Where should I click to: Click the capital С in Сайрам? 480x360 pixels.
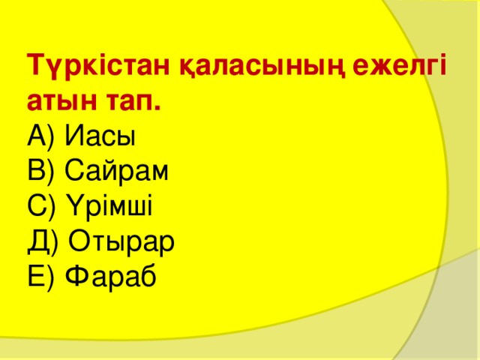[x=73, y=172]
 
